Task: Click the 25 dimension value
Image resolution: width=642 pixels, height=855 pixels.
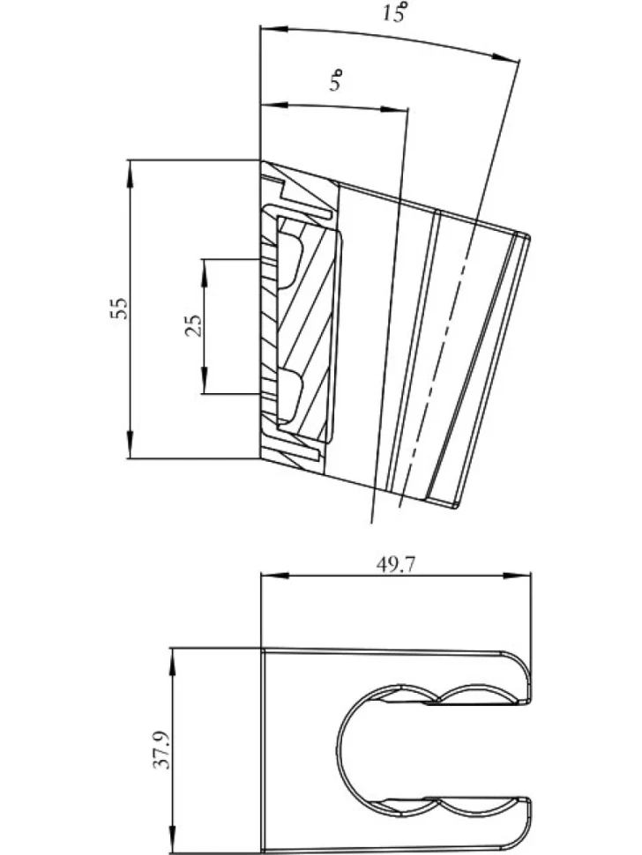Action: [x=194, y=326]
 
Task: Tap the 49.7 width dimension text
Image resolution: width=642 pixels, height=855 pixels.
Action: [x=395, y=566]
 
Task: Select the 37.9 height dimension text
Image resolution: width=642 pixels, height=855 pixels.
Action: [x=162, y=750]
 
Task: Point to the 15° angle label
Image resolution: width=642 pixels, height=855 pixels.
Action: [x=394, y=11]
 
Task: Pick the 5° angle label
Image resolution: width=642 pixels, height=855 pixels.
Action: [x=336, y=80]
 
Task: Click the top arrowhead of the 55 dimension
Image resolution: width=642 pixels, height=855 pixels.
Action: [x=130, y=174]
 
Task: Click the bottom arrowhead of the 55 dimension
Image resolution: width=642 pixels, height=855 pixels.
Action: [x=130, y=445]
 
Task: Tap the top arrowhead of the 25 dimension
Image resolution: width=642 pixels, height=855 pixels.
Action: [x=204, y=272]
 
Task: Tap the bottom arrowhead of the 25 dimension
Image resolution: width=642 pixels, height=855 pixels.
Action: [x=204, y=380]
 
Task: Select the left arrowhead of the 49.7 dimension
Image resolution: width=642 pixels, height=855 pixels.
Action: [x=274, y=575]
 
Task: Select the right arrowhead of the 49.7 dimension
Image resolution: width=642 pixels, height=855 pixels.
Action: [x=517, y=575]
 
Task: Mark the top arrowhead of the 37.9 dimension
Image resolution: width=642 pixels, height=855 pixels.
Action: [x=173, y=661]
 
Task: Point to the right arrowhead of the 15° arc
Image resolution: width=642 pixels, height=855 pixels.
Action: [x=505, y=57]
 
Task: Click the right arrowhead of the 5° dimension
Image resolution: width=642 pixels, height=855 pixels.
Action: [x=394, y=109]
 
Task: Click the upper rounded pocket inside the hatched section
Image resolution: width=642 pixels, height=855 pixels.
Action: [x=290, y=261]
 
